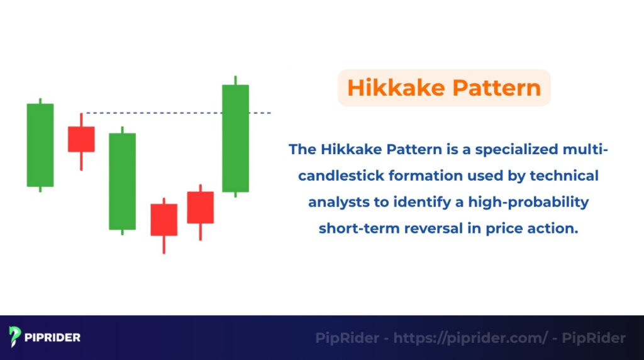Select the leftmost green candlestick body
point(40,145)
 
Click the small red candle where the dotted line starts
point(81,139)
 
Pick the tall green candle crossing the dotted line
point(235,138)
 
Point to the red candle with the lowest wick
point(164,220)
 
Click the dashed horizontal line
point(157,113)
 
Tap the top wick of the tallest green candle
point(235,80)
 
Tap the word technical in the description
point(564,176)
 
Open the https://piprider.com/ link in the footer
point(470,338)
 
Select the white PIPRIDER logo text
point(53,337)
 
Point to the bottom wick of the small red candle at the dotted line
point(81,161)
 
